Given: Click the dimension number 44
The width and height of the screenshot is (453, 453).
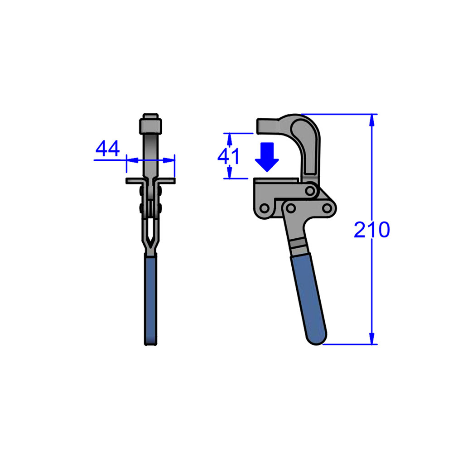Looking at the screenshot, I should (x=108, y=149).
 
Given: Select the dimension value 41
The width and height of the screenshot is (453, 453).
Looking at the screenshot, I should (x=229, y=156).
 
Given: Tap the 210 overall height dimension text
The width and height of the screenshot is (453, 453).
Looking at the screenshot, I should (x=371, y=231).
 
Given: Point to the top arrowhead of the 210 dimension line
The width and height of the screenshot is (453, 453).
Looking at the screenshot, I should (x=372, y=119).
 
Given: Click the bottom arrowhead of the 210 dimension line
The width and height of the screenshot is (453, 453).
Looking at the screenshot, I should (x=372, y=338).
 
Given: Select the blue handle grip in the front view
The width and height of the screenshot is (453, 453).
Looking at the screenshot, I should (x=151, y=299).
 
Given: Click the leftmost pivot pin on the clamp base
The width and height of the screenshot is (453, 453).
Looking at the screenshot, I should (x=263, y=207).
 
